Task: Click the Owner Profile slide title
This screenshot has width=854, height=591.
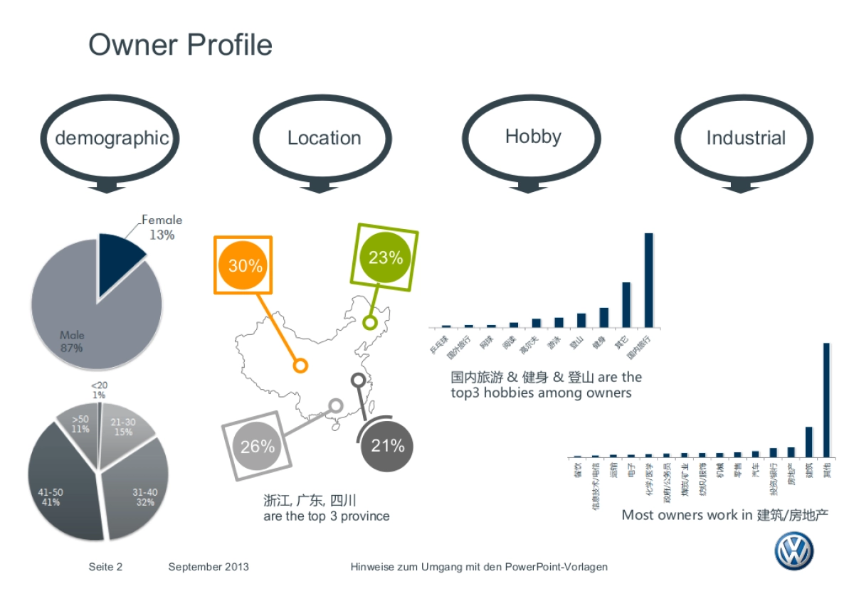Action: (x=180, y=45)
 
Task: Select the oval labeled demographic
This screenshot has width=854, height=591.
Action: (x=112, y=138)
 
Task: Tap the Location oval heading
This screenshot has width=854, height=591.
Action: (x=324, y=138)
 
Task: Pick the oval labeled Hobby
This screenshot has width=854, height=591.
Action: (x=533, y=136)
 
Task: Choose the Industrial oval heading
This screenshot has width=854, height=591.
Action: (x=745, y=138)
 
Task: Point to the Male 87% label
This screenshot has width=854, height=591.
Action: (x=71, y=341)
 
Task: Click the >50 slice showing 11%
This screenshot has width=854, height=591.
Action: (x=80, y=425)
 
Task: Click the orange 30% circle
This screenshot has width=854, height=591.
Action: (x=245, y=266)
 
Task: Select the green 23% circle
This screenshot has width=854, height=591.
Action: (x=386, y=257)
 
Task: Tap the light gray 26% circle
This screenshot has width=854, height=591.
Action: (x=257, y=447)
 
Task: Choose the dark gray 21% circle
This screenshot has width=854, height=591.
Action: (x=387, y=446)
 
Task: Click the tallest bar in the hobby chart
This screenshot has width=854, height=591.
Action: (x=648, y=280)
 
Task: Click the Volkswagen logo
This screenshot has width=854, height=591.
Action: (x=794, y=553)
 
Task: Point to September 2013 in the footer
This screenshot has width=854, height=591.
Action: (x=209, y=567)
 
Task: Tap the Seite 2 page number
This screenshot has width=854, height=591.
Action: (x=105, y=567)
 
